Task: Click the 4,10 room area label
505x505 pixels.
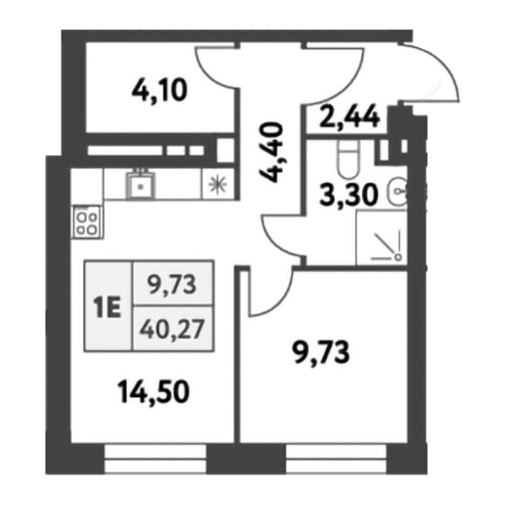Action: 159,91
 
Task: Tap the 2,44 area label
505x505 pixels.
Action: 349,117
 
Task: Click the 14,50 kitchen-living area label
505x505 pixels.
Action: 153,392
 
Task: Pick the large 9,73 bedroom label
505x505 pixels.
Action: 321,353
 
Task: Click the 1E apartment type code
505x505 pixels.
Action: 107,308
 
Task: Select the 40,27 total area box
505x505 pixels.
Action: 173,329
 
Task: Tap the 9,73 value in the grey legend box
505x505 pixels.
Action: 172,285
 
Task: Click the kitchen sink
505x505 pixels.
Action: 140,185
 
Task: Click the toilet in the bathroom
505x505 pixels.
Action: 348,159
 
